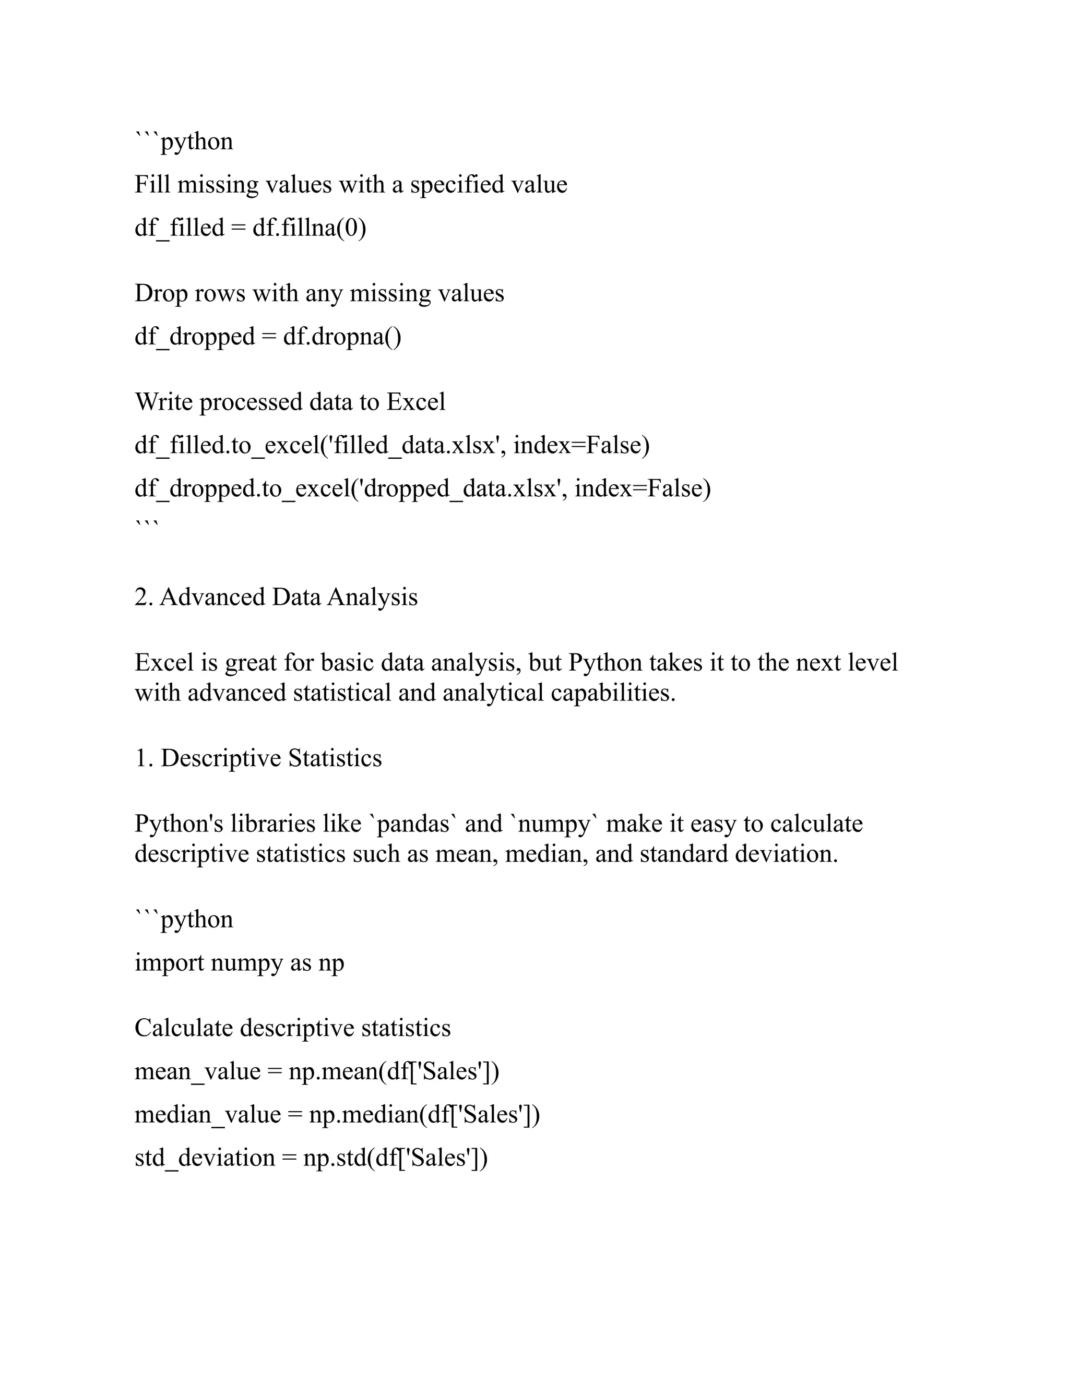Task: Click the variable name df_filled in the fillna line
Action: tap(179, 228)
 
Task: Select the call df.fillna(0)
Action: tap(309, 228)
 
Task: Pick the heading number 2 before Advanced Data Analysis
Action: tap(140, 598)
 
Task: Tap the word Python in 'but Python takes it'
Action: tap(605, 663)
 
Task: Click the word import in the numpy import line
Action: tap(169, 963)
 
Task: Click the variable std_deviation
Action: tap(205, 1158)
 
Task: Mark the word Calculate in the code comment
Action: tap(184, 1029)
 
